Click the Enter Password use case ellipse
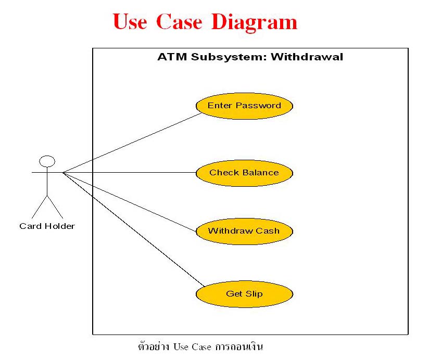click(244, 106)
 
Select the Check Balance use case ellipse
click(244, 173)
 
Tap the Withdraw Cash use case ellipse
click(244, 232)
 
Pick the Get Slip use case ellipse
click(244, 294)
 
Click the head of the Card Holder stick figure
click(47, 161)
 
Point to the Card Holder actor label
click(47, 226)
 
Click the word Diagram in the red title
click(254, 22)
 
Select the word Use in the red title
click(130, 21)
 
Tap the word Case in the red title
click(179, 21)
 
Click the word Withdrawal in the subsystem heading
click(307, 57)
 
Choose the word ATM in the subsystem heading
click(172, 57)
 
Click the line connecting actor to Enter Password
click(132, 143)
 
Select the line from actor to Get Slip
click(134, 229)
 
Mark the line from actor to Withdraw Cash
click(130, 202)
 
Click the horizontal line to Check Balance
click(130, 173)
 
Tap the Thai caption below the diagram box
click(200, 346)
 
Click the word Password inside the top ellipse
click(258, 106)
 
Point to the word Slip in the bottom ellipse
click(254, 294)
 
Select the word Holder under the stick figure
click(60, 226)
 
